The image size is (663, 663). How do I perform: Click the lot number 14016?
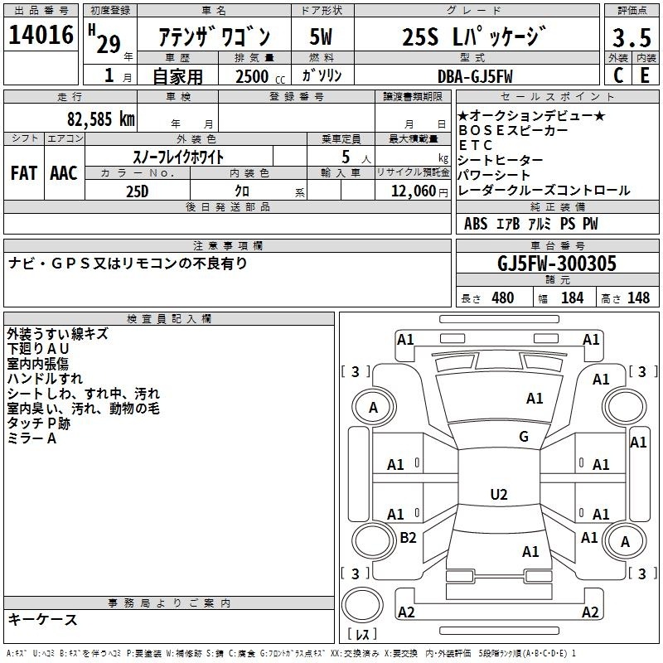pos(41,35)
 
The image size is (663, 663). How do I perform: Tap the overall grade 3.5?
pos(632,37)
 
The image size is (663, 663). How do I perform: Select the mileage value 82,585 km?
pos(100,119)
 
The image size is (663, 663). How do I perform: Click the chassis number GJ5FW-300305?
pos(557,263)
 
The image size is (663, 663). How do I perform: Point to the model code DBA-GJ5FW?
pos(475,76)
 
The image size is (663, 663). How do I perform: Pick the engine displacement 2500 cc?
pos(260,76)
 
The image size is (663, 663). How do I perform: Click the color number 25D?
pos(138,191)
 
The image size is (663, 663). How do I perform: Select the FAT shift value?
pos(24,173)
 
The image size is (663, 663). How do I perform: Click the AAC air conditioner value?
pos(64,173)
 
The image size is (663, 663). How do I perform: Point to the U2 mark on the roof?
pos(499,494)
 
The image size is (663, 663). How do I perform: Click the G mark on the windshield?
pos(524,436)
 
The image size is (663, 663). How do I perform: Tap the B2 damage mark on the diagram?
pos(408,537)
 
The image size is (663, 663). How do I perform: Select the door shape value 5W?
pos(321,36)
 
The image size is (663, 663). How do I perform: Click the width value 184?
pos(572,298)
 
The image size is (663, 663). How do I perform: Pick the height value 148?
pos(638,298)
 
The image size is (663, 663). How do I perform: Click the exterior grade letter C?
pos(618,75)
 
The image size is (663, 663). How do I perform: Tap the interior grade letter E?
pos(645,75)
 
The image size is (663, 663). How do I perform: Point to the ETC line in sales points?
pos(476,145)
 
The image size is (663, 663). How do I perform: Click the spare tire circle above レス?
pos(362,605)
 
